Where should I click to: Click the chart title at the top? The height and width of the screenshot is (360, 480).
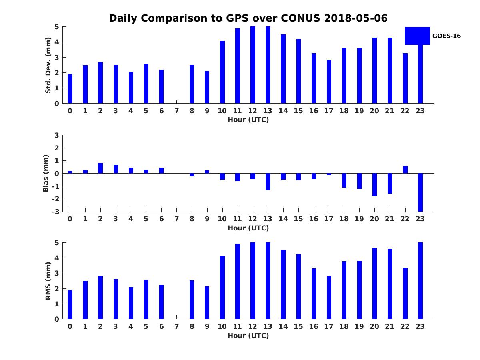point(248,18)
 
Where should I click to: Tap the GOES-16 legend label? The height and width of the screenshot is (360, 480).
point(446,36)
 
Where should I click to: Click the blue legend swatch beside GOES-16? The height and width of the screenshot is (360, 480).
point(417,36)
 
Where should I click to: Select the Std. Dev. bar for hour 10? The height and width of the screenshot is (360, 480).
point(222,72)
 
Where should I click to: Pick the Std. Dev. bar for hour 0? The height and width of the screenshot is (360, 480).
point(70,89)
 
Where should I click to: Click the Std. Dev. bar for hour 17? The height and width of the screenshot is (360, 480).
point(329,82)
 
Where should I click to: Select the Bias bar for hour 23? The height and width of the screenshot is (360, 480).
point(420,192)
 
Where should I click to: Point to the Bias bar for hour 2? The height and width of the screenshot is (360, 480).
point(100,168)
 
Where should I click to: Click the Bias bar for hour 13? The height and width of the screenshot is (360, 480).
point(268,182)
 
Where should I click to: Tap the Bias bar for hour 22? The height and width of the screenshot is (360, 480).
point(405,170)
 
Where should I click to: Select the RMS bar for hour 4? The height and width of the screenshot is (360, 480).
point(131,303)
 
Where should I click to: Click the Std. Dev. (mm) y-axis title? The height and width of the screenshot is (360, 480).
point(48,65)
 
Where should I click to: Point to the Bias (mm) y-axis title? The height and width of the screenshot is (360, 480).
point(46,173)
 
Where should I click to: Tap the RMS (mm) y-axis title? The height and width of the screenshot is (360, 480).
point(48,281)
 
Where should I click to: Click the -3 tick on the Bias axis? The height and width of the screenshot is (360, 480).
point(56,212)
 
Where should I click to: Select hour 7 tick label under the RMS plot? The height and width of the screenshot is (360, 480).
point(176,326)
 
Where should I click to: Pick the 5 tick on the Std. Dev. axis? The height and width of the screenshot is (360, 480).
point(57,27)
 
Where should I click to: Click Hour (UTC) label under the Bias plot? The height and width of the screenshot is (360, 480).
point(248,228)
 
